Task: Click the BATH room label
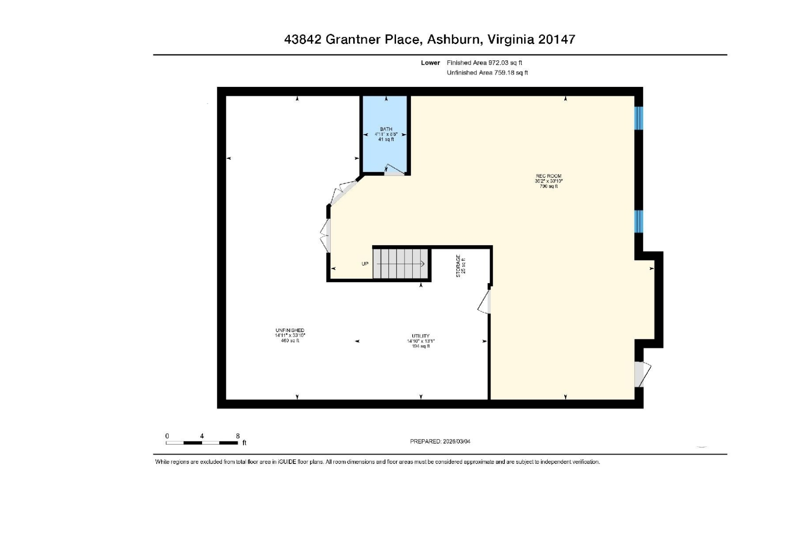386,130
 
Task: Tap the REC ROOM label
548,176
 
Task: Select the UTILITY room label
420,336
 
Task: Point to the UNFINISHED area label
290,330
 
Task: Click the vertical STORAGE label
458,266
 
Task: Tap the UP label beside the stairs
365,264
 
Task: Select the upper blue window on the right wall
639,118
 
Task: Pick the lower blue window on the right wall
639,221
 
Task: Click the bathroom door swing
394,170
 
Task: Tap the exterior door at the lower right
642,374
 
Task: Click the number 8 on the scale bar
238,436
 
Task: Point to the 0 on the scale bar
167,436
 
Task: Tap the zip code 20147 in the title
556,40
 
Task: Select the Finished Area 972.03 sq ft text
484,63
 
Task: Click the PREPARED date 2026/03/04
456,441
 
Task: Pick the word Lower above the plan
430,63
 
